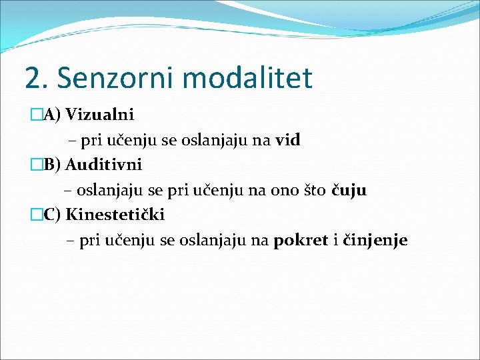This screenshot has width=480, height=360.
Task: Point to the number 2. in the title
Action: click(x=37, y=78)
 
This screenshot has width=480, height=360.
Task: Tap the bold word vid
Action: click(x=288, y=140)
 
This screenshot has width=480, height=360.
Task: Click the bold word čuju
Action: click(x=349, y=191)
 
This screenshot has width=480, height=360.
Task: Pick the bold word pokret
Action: click(x=301, y=241)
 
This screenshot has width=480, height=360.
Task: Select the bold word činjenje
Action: click(x=375, y=241)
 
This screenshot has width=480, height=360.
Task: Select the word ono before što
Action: click(x=283, y=191)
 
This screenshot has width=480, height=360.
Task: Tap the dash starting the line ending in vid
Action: click(x=71, y=141)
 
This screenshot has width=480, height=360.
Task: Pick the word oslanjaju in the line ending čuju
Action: click(x=109, y=191)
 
